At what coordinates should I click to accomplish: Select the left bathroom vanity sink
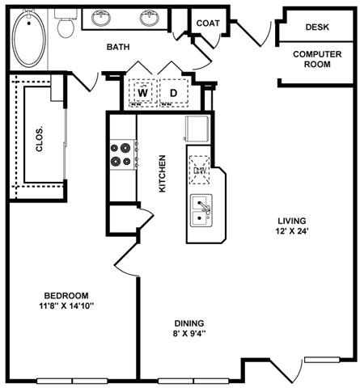pyautogui.click(x=103, y=18)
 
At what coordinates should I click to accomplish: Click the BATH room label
pyautogui.click(x=120, y=47)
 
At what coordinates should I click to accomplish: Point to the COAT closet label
pyautogui.click(x=208, y=23)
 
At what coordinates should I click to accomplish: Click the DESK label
pyautogui.click(x=317, y=27)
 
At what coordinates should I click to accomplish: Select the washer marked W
pyautogui.click(x=142, y=93)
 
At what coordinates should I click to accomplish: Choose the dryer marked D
pyautogui.click(x=173, y=93)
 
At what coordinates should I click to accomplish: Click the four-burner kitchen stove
pyautogui.click(x=121, y=154)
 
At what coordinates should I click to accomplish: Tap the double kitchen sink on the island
pyautogui.click(x=201, y=212)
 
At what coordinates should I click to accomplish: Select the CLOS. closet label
pyautogui.click(x=39, y=141)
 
